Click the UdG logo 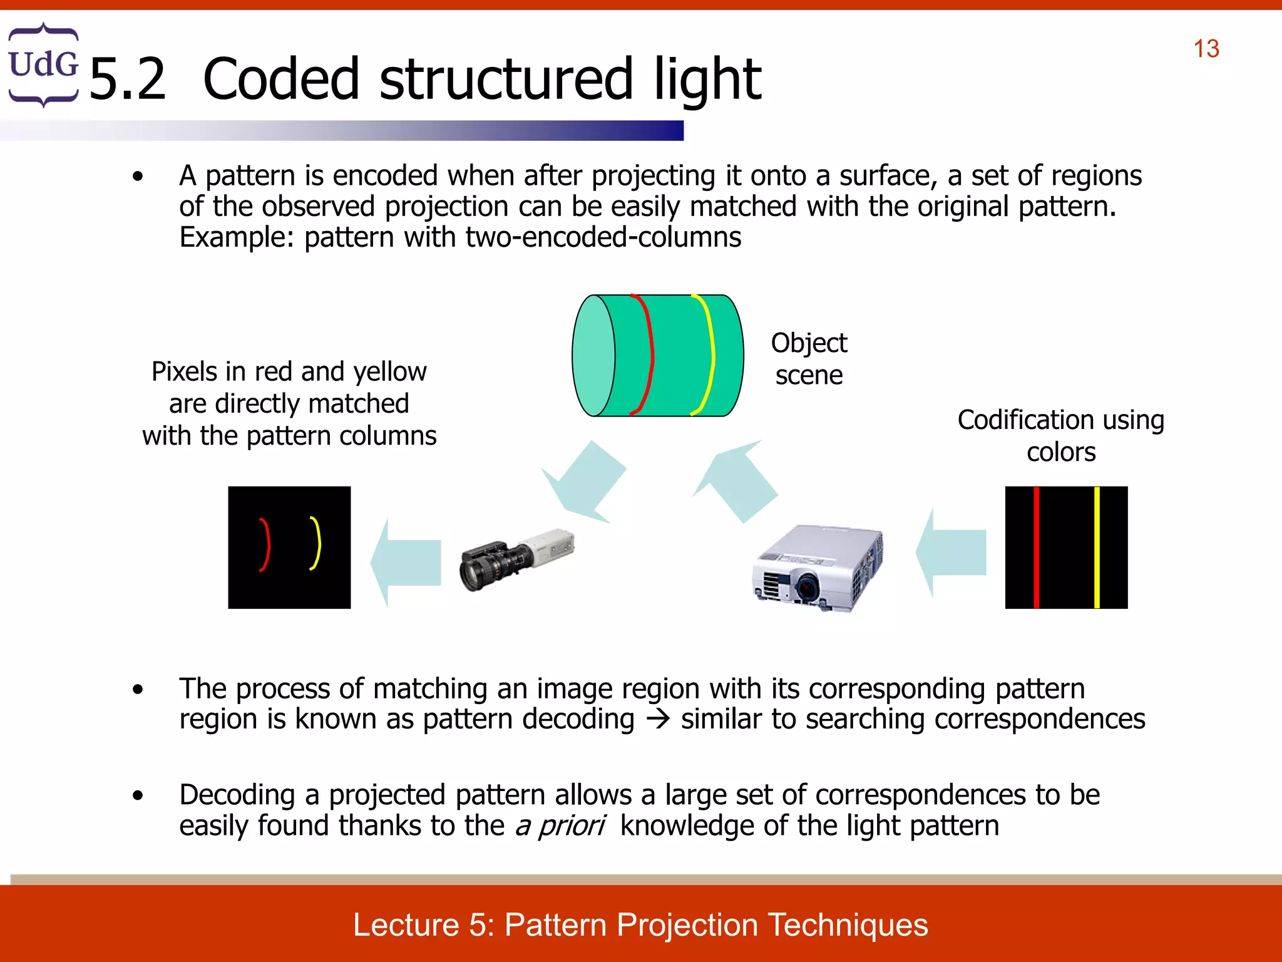43,65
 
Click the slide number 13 1206,49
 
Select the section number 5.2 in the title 128,80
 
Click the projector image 817,567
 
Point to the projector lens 807,587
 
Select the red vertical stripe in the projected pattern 1036,547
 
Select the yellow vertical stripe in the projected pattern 1097,547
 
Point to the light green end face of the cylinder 593,356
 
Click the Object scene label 809,359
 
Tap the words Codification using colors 1060,435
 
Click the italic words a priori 560,825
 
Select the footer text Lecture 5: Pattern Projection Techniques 640,924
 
